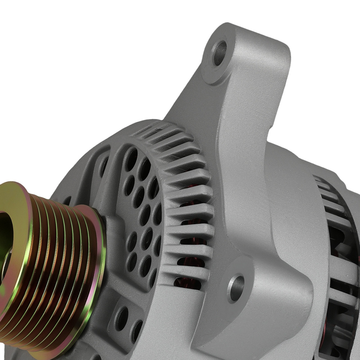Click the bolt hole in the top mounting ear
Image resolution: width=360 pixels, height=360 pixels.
click(220, 53)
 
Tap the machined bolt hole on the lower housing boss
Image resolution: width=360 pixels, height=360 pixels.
click(236, 288)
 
